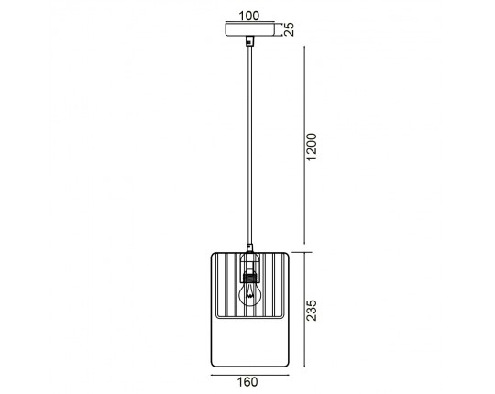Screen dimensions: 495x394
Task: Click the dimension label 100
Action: pos(249,16)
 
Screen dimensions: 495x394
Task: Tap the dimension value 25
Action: pos(289,29)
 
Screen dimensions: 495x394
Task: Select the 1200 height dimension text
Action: pos(312,147)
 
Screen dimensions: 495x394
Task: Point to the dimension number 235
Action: pos(312,311)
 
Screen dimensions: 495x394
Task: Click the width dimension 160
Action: pos(247,382)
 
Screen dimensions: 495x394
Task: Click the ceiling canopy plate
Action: pos(249,29)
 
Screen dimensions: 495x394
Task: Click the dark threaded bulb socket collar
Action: pos(250,279)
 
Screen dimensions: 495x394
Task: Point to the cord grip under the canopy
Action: pos(250,40)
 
